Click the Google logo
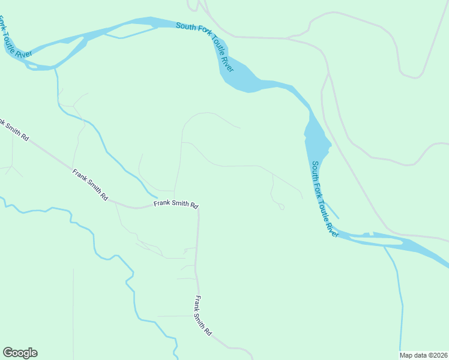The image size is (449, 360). coord(20,353)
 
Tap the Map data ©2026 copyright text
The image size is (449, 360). coord(424,355)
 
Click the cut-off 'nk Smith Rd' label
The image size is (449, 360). coord(13,130)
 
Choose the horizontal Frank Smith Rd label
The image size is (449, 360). coord(175,204)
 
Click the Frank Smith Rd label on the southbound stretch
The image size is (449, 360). coord(203,316)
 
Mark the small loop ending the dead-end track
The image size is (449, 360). coord(282,208)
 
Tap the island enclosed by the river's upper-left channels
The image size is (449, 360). coord(66,50)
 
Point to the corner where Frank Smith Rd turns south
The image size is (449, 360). coord(197,209)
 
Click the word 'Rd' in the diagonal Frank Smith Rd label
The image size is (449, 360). coord(104,196)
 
